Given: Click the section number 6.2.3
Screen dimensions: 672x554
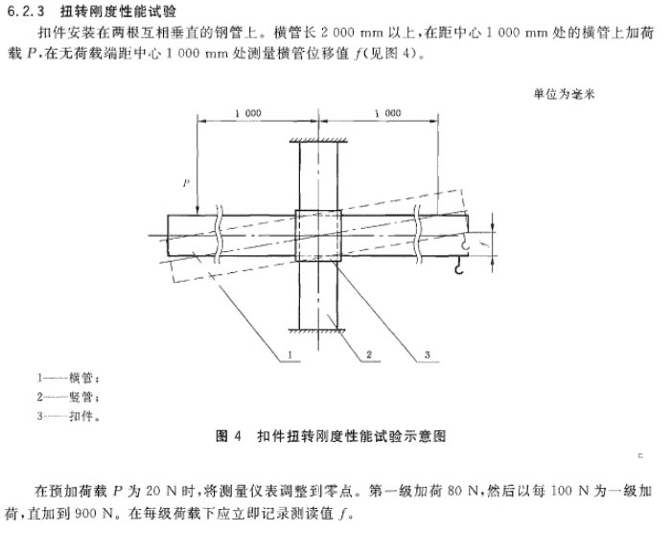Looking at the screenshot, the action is point(26,12).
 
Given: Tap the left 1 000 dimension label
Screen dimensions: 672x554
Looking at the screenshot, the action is point(247,113).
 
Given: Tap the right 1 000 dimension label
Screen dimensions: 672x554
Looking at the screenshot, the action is point(387,113).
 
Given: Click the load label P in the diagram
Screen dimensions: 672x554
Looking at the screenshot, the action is point(186,183).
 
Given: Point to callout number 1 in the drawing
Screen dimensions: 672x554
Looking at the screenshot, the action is point(290,355).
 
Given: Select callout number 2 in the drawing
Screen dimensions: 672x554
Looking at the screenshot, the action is point(369,355).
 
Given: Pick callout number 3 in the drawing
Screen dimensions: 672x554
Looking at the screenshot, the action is point(427,355).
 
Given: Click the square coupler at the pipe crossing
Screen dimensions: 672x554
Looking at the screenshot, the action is point(318,235).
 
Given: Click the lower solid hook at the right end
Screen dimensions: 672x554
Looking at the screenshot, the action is point(458,266).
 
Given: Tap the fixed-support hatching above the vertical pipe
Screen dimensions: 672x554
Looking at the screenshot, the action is point(318,140).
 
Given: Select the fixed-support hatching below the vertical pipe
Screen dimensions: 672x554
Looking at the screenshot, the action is point(317,331).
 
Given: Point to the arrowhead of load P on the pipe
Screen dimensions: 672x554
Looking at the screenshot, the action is point(197,212).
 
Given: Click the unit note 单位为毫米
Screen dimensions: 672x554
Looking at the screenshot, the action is point(564,94).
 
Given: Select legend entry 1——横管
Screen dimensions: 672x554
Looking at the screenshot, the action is point(68,378).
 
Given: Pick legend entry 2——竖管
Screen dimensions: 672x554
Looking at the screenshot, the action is point(68,397).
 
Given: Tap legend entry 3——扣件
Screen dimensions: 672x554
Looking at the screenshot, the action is point(68,416).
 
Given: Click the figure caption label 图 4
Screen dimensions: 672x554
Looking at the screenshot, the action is point(228,436).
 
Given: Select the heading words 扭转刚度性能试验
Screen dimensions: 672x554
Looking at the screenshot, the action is point(118,12).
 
